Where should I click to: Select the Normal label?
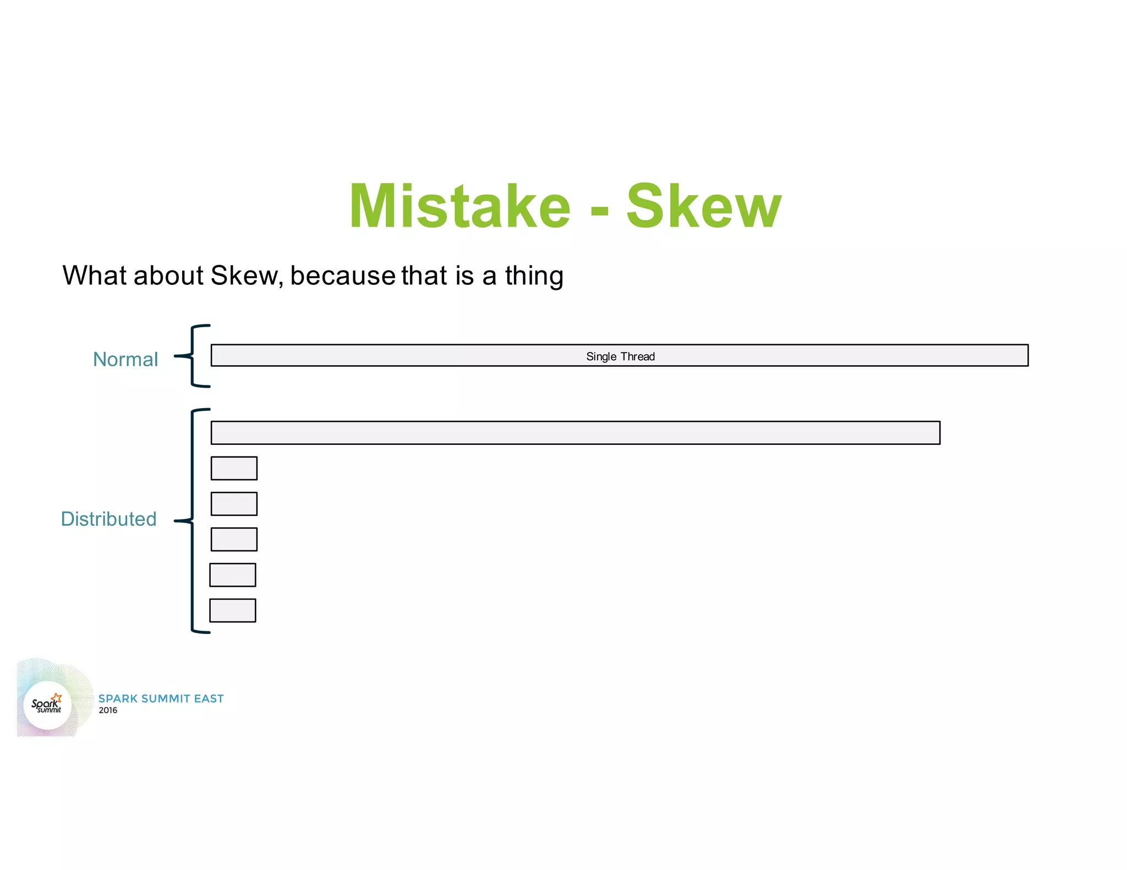(x=125, y=359)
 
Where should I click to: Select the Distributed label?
(x=108, y=519)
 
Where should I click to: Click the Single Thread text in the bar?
(x=620, y=356)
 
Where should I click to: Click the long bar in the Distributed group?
(x=575, y=433)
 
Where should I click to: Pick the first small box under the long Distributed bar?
(x=234, y=468)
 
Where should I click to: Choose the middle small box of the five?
(x=234, y=539)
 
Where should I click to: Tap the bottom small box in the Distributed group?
(x=233, y=610)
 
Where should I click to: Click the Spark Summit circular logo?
(x=47, y=704)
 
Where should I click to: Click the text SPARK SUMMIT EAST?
(x=161, y=698)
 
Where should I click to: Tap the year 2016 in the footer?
(x=108, y=711)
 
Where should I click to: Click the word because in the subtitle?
(x=342, y=276)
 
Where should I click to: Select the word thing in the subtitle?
(x=534, y=276)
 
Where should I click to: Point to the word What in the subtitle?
(x=95, y=276)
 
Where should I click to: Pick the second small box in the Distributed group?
(x=234, y=504)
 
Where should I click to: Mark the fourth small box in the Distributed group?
(x=233, y=575)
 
